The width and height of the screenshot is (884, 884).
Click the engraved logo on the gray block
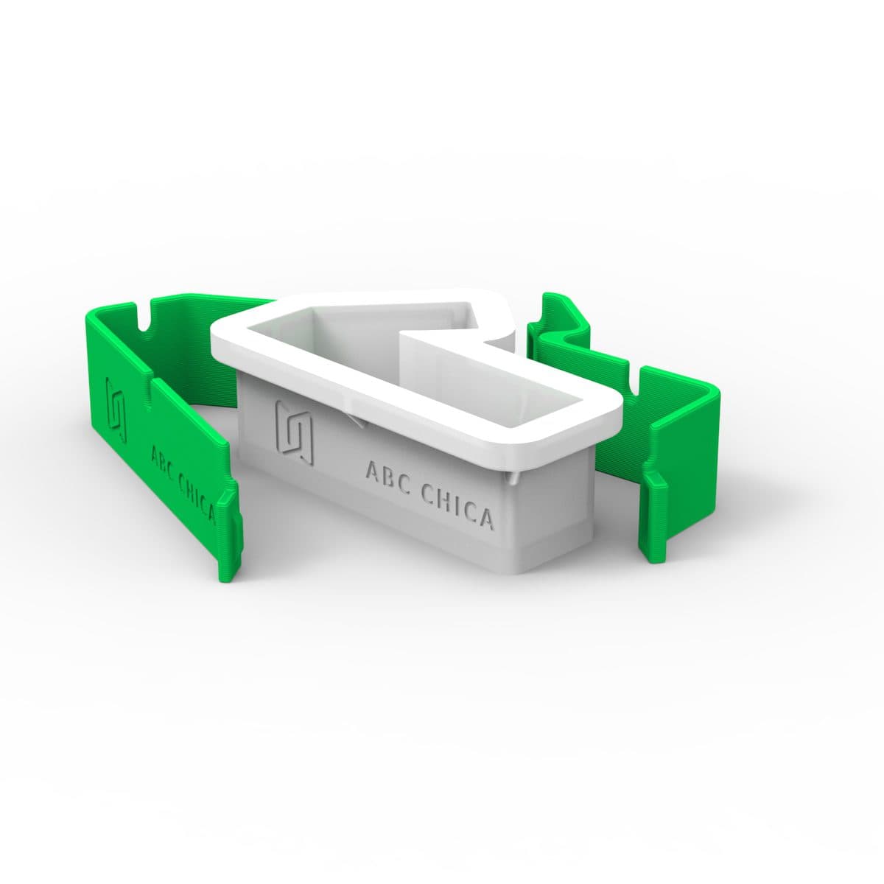coord(295,432)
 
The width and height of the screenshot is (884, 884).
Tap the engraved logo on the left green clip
coord(116,409)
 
